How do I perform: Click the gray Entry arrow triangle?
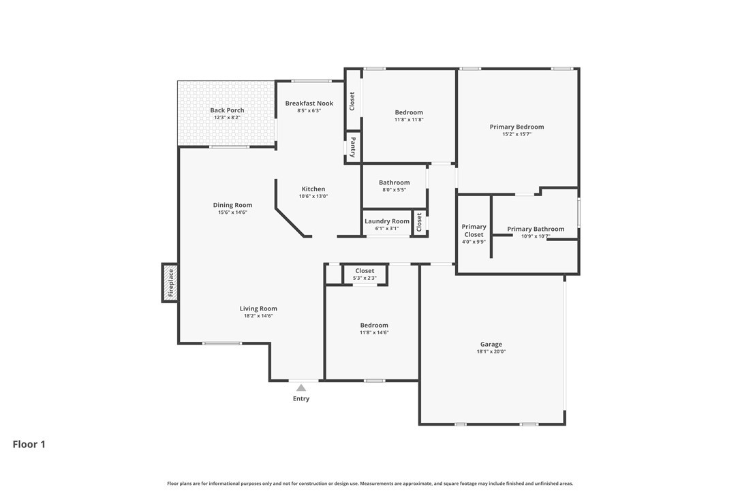[x=301, y=388]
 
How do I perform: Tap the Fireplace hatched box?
[x=170, y=283]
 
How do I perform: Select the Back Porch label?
[x=227, y=110]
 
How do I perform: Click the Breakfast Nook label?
[x=309, y=104]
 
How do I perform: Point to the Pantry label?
[x=353, y=148]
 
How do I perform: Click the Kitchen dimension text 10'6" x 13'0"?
[x=313, y=196]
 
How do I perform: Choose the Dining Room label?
[x=232, y=205]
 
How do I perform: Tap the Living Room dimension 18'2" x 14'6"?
[x=259, y=316]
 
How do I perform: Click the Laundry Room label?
[x=387, y=221]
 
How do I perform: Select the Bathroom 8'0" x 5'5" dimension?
[x=395, y=190]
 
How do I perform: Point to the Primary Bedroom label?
[x=517, y=127]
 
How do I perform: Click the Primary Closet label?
[x=474, y=230]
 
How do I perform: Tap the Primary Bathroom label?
[x=536, y=229]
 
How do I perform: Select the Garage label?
[x=491, y=345]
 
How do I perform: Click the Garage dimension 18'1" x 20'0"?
[x=491, y=351]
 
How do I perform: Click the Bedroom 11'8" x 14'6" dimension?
[x=374, y=332]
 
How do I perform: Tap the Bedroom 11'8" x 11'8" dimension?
[x=409, y=120]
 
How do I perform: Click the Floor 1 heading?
[x=29, y=444]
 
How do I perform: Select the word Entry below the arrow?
[x=301, y=398]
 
